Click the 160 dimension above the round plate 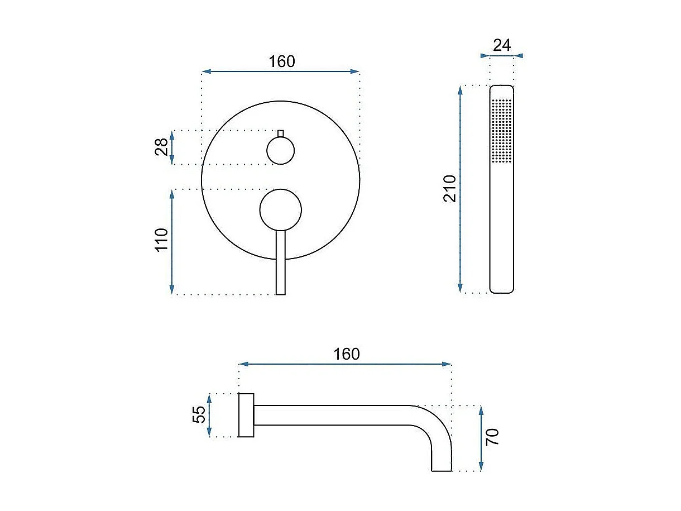pyautogui.click(x=282, y=61)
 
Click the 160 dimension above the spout pyautogui.click(x=347, y=354)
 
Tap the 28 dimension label pyautogui.click(x=161, y=147)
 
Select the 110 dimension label pyautogui.click(x=161, y=240)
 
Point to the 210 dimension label pyautogui.click(x=449, y=189)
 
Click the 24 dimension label pyautogui.click(x=502, y=45)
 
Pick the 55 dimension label pyautogui.click(x=199, y=415)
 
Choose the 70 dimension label pyautogui.click(x=492, y=437)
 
